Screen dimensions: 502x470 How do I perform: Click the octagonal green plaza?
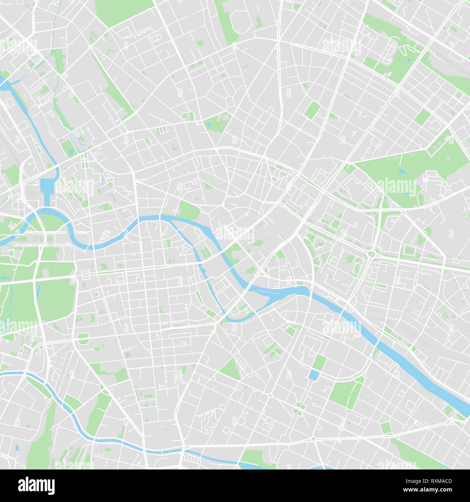(x=83, y=338)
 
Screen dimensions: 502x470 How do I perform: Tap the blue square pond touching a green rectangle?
(x=313, y=375)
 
